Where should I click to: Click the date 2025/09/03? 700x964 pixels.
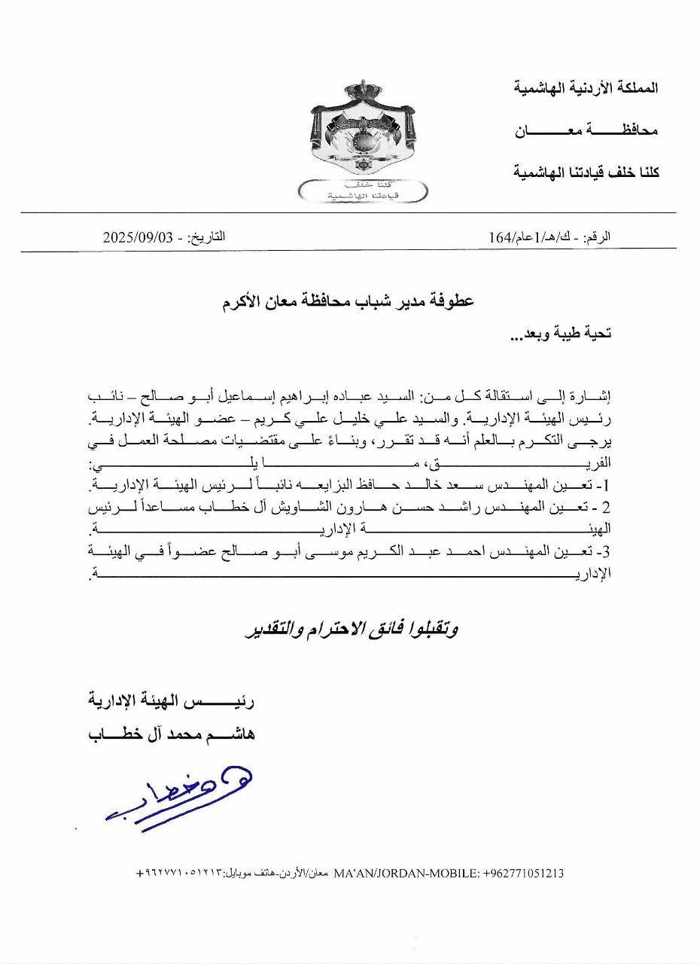138,237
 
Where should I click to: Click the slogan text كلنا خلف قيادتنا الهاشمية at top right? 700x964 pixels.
584,172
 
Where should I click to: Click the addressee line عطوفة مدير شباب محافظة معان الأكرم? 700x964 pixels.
350,302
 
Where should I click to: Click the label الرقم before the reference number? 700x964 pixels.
597,237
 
